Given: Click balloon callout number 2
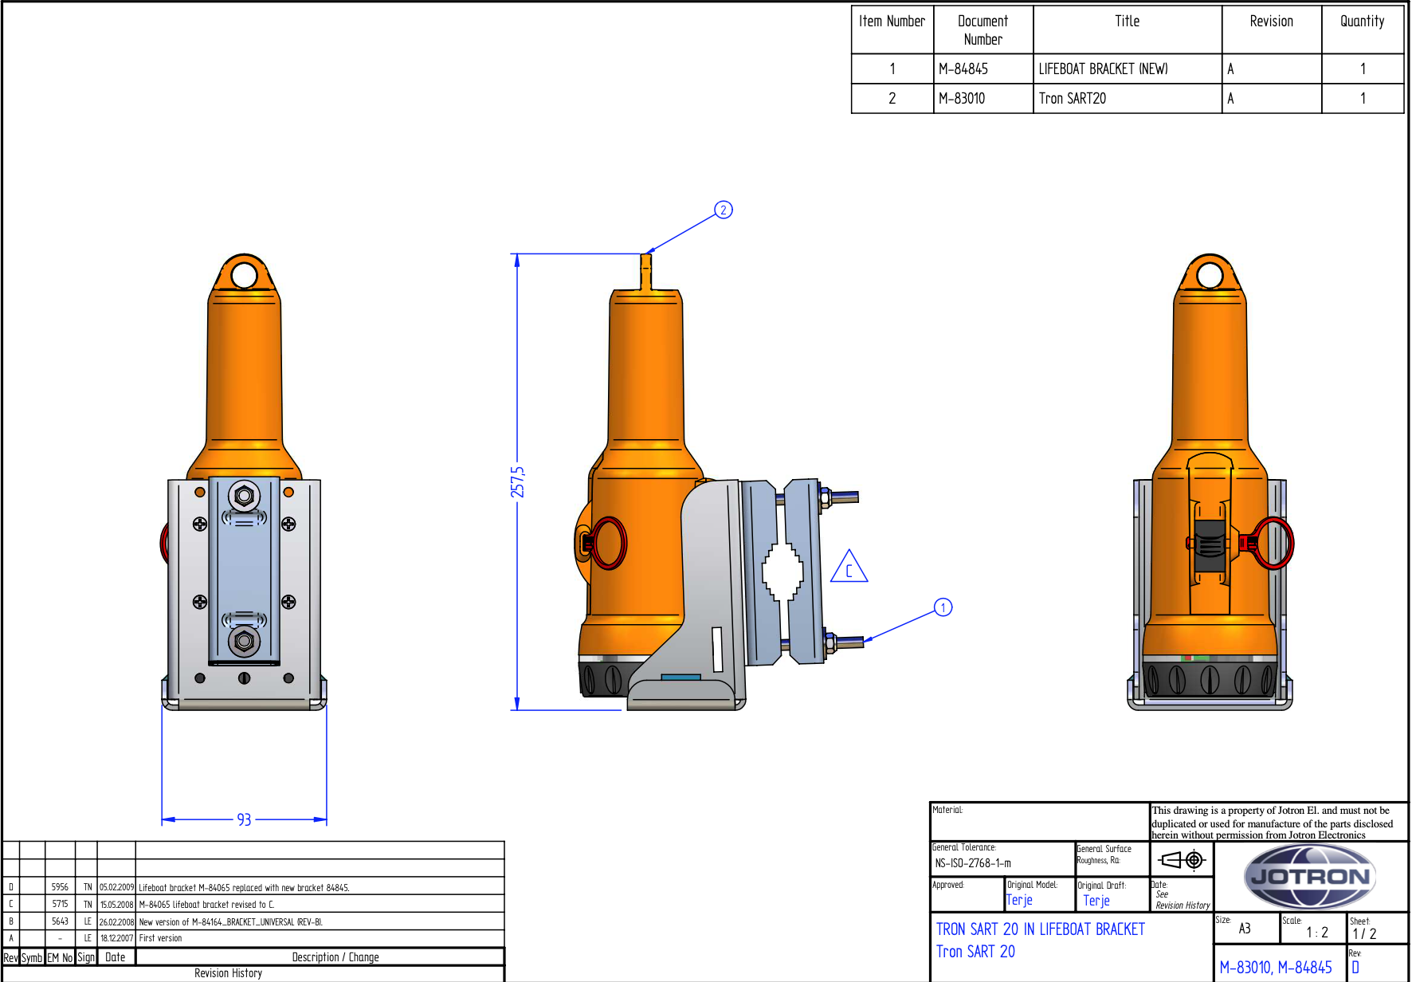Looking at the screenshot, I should pyautogui.click(x=723, y=210).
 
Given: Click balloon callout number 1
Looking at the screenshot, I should pyautogui.click(x=943, y=607).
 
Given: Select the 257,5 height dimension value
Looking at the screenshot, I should pyautogui.click(x=518, y=481).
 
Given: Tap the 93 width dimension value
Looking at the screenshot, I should pyautogui.click(x=244, y=819).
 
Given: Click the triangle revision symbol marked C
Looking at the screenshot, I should pyautogui.click(x=849, y=568).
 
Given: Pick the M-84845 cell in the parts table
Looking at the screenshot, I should pyautogui.click(x=963, y=69).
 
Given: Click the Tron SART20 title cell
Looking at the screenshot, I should pyautogui.click(x=1073, y=99).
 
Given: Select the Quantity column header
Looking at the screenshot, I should pyautogui.click(x=1362, y=22).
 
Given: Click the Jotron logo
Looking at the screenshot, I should pyautogui.click(x=1309, y=877).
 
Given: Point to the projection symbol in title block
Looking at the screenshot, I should pyautogui.click(x=1182, y=859).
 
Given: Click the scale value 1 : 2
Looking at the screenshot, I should pyautogui.click(x=1316, y=932).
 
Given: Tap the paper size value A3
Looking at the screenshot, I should pyautogui.click(x=1245, y=929).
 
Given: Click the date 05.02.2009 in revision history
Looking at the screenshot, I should pyautogui.click(x=116, y=887).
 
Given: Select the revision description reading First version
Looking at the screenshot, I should pyautogui.click(x=161, y=938).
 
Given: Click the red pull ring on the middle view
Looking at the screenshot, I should pyautogui.click(x=610, y=543).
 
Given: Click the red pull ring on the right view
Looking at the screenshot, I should pyautogui.click(x=1272, y=543).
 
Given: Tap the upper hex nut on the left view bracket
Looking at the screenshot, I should pyautogui.click(x=244, y=496).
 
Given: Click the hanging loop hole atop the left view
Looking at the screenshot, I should pyautogui.click(x=244, y=276).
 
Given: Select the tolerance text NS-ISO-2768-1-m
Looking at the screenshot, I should pyautogui.click(x=973, y=863).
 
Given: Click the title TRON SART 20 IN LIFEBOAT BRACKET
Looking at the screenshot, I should pyautogui.click(x=1040, y=929).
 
